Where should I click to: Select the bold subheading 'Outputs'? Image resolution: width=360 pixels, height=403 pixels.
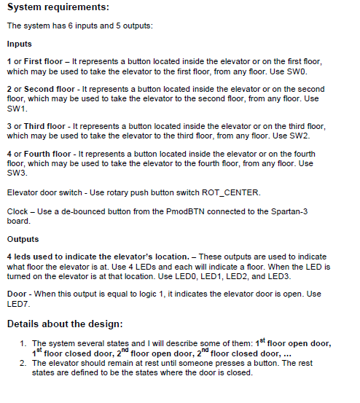click(23, 238)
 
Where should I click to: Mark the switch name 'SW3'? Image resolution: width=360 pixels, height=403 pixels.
click(15, 173)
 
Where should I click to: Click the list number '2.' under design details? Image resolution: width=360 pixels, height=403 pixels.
click(24, 362)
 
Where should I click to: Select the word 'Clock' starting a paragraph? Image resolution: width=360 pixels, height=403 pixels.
click(17, 211)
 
